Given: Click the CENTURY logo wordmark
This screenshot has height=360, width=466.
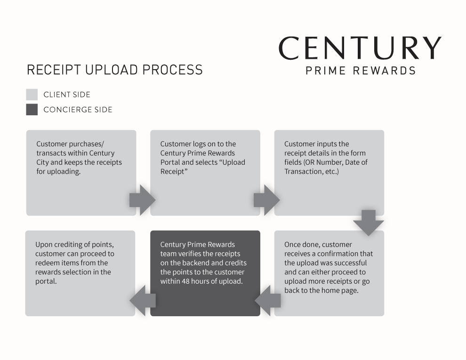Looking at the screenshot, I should (360, 48).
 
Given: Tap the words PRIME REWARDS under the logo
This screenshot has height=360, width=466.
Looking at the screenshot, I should (361, 71).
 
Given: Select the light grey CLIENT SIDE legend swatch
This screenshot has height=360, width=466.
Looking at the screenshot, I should (32, 95).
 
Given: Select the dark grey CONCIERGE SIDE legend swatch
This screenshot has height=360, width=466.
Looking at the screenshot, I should (32, 110).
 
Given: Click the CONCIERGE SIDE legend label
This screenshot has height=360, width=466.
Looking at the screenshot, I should (78, 110).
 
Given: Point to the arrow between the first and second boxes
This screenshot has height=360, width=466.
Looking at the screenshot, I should (142, 200).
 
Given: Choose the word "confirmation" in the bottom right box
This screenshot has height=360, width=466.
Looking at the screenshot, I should (343, 254).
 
